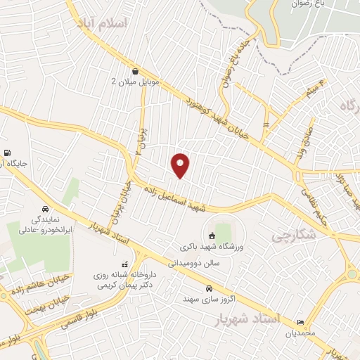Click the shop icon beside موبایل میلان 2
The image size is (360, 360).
point(134,71)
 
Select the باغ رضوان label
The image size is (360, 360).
point(309,4)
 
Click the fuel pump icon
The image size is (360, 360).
point(7,153)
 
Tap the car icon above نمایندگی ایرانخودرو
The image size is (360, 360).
point(46,209)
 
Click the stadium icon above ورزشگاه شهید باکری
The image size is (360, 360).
point(212,235)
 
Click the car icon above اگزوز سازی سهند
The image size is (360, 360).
point(209,289)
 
